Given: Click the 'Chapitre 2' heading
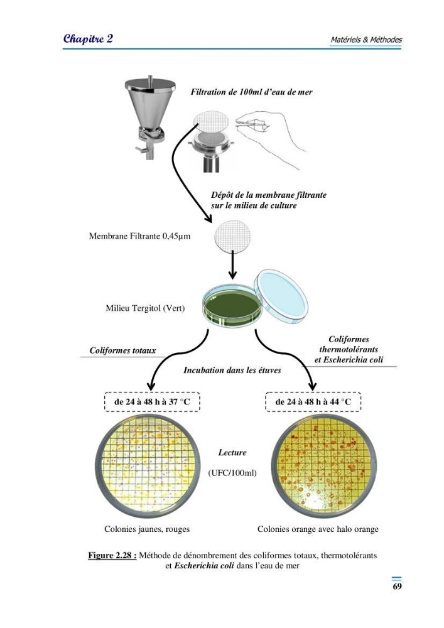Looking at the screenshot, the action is (x=88, y=39).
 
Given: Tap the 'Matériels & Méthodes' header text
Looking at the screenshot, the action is (x=366, y=40).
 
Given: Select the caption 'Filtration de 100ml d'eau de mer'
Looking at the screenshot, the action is (x=251, y=92).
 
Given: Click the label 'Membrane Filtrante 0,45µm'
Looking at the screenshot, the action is (x=139, y=236).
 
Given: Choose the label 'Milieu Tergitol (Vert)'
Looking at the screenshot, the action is (x=145, y=308).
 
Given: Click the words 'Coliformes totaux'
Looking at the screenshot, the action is (x=122, y=351).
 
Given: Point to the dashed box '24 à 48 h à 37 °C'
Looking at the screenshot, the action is (x=152, y=402).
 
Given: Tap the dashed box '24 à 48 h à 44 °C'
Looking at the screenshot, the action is (x=313, y=402).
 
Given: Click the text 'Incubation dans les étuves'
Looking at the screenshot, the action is (x=232, y=371).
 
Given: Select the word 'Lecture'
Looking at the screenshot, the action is (x=232, y=453).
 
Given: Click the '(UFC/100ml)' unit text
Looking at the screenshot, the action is (x=232, y=473).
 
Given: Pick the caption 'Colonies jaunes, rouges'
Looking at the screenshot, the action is (x=147, y=529).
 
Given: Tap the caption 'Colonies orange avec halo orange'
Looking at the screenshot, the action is (x=318, y=529).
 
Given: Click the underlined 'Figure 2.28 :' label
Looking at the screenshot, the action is (x=112, y=556).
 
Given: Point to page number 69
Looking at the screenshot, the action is (x=397, y=587).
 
